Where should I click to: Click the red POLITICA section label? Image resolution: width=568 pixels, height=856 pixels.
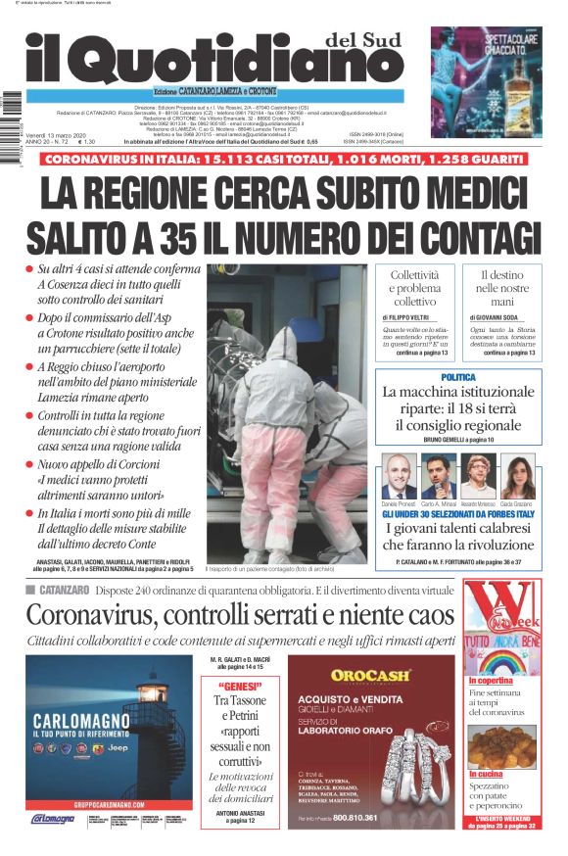point(458,377)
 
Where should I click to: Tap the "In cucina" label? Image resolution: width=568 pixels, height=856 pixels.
point(485,774)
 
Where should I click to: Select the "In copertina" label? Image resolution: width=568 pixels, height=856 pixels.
point(491,680)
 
